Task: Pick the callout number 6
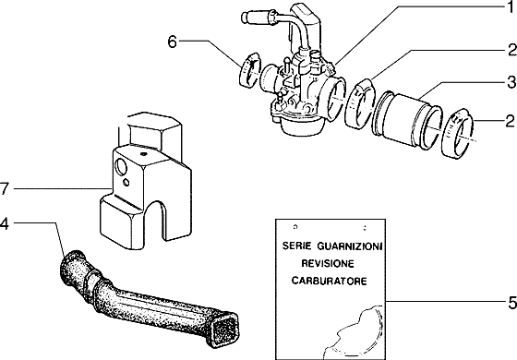(172, 42)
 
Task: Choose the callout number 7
(6, 188)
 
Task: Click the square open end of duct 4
(223, 324)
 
